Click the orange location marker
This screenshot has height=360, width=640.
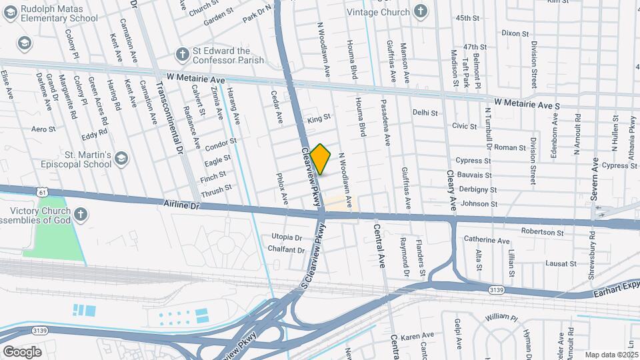pyautogui.click(x=321, y=159)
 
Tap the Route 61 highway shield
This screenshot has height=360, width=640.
pyautogui.click(x=43, y=192)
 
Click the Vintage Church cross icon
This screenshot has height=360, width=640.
pyautogui.click(x=420, y=11)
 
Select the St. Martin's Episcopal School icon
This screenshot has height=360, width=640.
pyautogui.click(x=121, y=158)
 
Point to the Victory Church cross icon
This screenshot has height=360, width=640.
pyautogui.click(x=80, y=215)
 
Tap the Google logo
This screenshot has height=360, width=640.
pyautogui.click(x=22, y=351)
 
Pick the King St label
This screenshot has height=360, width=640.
pyautogui.click(x=319, y=120)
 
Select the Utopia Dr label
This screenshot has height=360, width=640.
pyautogui.click(x=287, y=237)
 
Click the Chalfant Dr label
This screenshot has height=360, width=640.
pyautogui.click(x=286, y=250)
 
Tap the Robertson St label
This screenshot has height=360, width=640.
pyautogui.click(x=541, y=233)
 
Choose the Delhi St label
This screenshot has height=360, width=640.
pyautogui.click(x=425, y=113)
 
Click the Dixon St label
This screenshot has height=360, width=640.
pyautogui.click(x=515, y=33)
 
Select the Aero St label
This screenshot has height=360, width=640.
pyautogui.click(x=42, y=129)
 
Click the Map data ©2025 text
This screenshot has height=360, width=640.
pyautogui.click(x=611, y=355)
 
